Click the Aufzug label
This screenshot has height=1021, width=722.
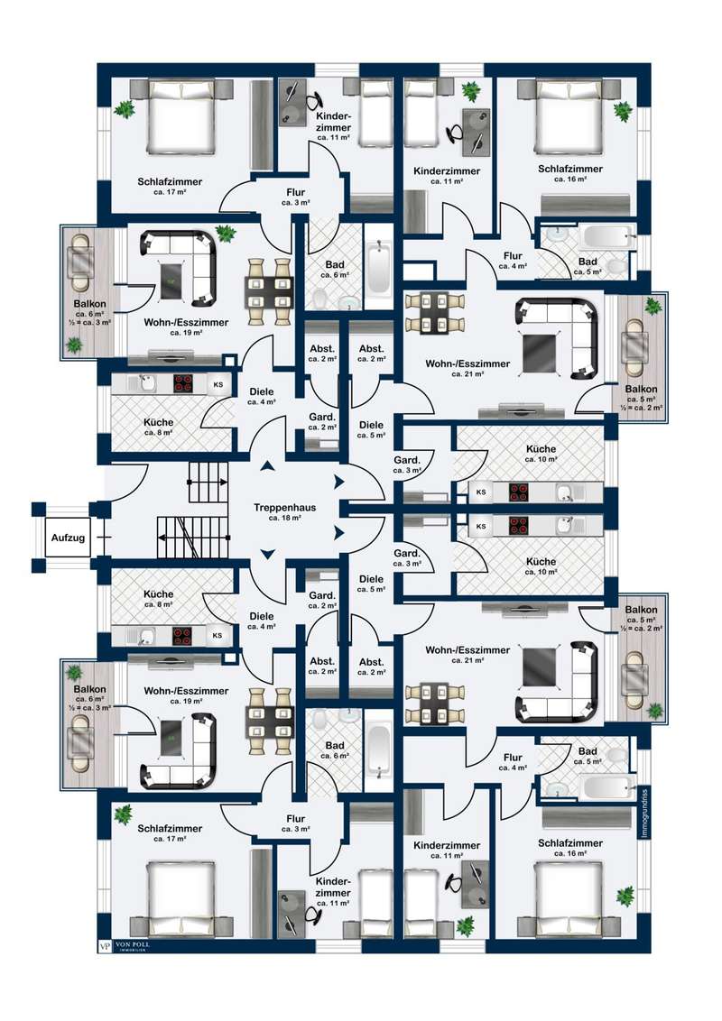[x=69, y=538]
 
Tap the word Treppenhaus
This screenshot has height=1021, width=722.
[x=283, y=508]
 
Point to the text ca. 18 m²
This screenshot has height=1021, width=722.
[x=283, y=520]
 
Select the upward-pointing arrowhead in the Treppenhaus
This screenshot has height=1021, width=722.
[x=268, y=467]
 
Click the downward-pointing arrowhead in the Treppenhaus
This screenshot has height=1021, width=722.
[x=268, y=553]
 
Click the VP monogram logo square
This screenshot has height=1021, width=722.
[x=103, y=946]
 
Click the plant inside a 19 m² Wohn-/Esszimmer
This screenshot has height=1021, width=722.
[x=226, y=234]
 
